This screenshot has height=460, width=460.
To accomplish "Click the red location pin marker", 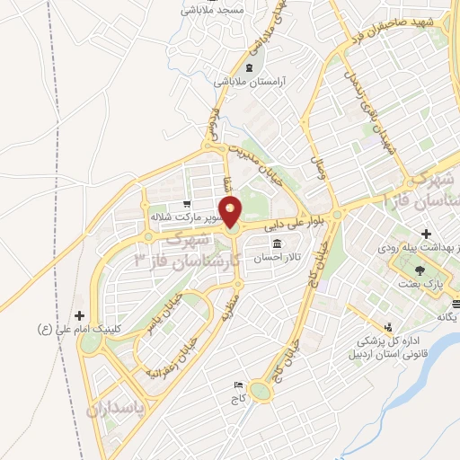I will click(231, 212).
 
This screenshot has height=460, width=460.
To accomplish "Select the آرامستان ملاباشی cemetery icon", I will click(249, 67).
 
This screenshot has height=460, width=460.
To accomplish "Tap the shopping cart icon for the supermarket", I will click(186, 204).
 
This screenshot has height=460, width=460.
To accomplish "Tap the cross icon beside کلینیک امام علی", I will click(81, 315).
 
